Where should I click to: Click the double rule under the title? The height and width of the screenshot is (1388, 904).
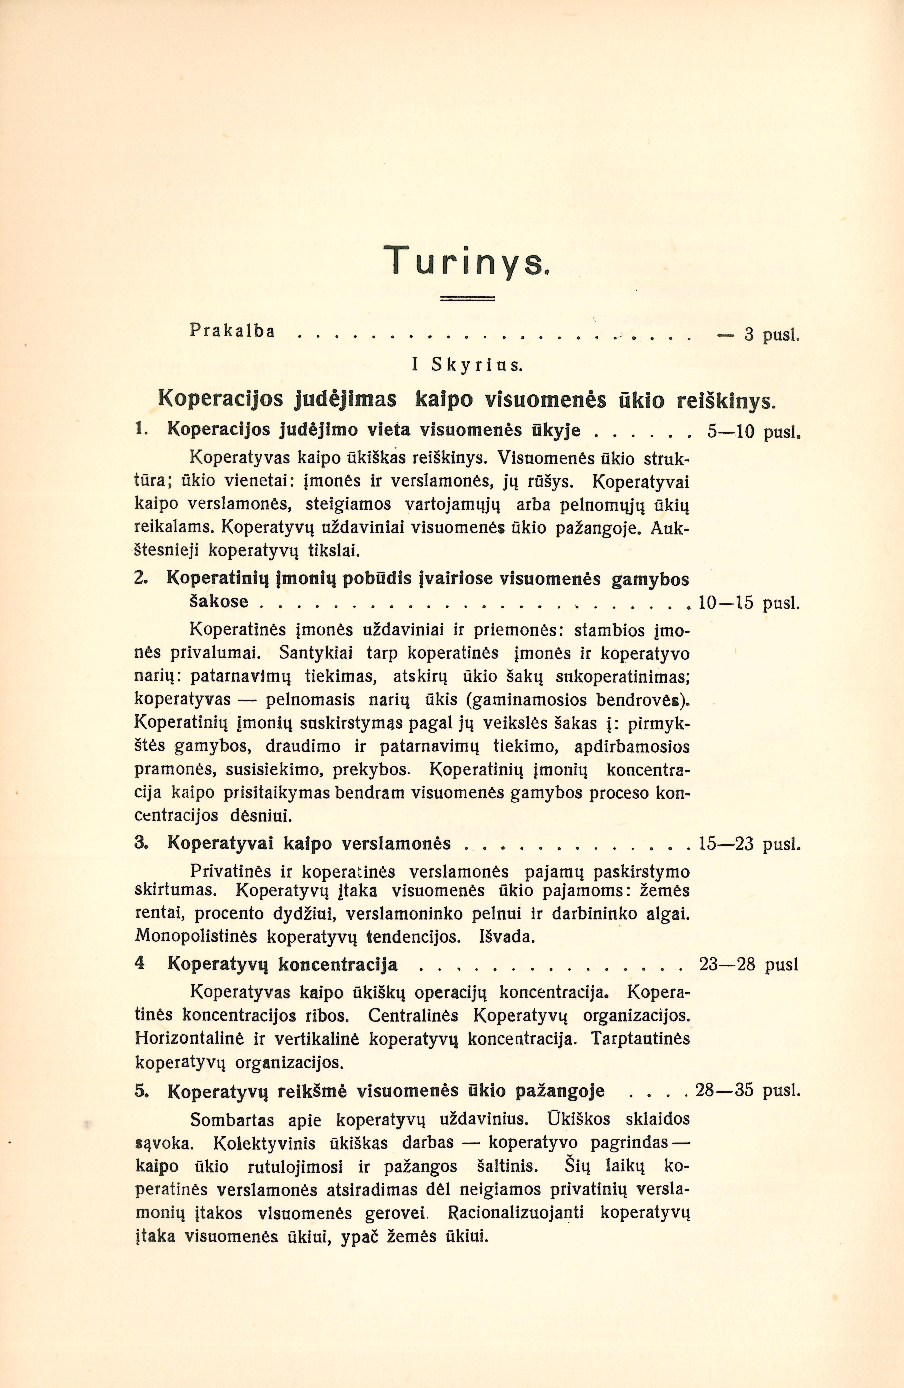(466, 299)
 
